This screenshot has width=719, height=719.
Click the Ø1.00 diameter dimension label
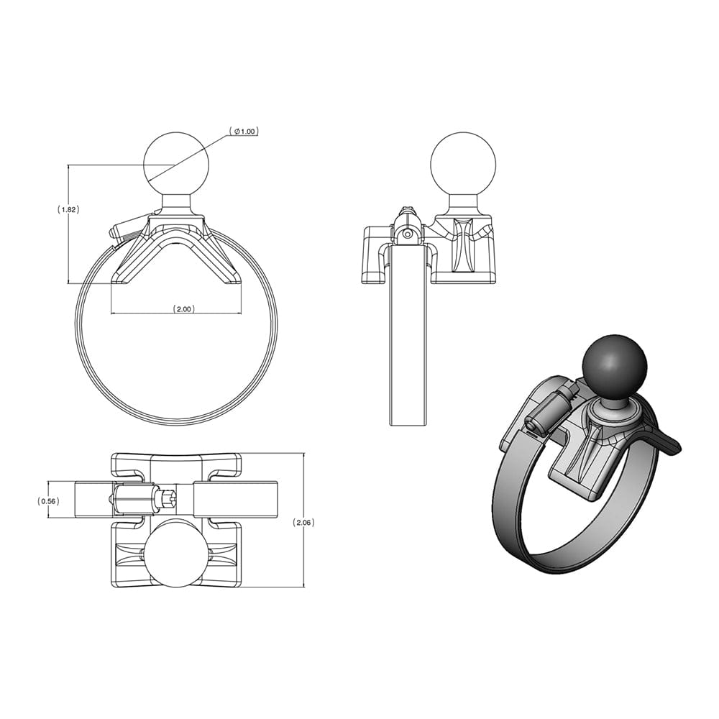pyautogui.click(x=244, y=132)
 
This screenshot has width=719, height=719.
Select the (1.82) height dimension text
pyautogui.click(x=68, y=210)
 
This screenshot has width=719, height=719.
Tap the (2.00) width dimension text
pyautogui.click(x=183, y=309)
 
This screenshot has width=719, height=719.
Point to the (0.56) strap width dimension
pyautogui.click(x=48, y=501)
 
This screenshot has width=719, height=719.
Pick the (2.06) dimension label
pyautogui.click(x=304, y=523)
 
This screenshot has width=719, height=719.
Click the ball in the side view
pyautogui.click(x=462, y=164)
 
